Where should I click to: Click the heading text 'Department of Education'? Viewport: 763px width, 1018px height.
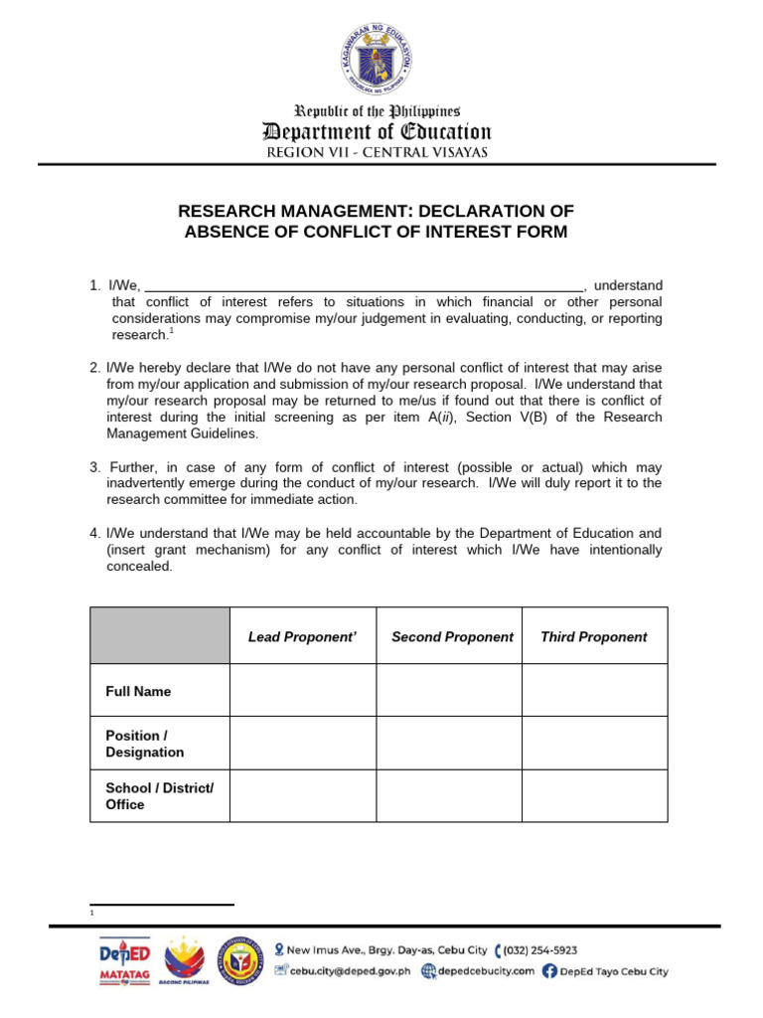click(376, 132)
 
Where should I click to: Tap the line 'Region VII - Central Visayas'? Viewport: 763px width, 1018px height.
click(376, 153)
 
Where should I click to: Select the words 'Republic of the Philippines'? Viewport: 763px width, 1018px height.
click(376, 111)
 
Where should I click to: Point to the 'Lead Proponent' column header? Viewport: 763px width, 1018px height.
click(302, 636)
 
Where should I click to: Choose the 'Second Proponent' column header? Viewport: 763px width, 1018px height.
click(452, 636)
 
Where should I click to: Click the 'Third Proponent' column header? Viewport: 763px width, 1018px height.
click(593, 636)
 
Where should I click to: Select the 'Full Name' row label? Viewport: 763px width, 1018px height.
click(138, 691)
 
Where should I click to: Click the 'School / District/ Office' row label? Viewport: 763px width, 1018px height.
click(159, 795)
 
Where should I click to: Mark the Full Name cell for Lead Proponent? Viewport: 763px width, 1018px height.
click(302, 691)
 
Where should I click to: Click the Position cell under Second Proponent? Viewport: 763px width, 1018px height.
click(448, 744)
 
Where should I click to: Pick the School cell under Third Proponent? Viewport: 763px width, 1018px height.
click(594, 795)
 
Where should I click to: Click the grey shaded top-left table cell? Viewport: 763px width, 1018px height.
click(160, 635)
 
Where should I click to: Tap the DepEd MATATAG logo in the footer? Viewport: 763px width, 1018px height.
click(124, 961)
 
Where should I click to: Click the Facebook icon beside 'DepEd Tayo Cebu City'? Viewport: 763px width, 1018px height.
click(549, 971)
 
